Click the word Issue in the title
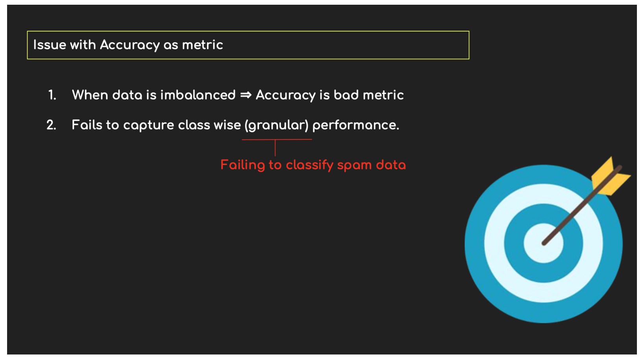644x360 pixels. tap(50, 45)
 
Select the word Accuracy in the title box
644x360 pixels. tap(130, 45)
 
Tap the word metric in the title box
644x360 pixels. tap(202, 45)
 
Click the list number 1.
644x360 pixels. tap(52, 95)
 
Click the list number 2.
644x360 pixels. tap(51, 125)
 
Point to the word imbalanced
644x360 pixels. tap(198, 95)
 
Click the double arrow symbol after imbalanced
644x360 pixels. tap(246, 95)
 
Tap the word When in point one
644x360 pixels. tap(90, 95)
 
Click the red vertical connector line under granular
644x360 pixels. tap(275, 148)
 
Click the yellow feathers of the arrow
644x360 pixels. tap(611, 177)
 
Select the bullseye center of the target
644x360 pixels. tap(543, 243)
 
